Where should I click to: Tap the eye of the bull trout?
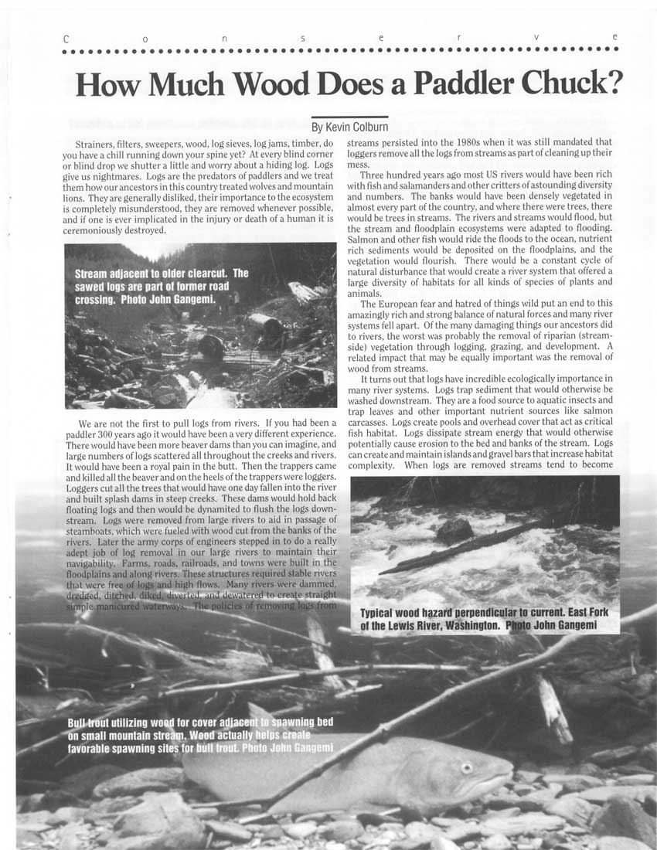[466, 768]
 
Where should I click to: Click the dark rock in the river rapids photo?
[454, 531]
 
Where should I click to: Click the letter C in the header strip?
[66, 37]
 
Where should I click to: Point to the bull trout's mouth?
[506, 773]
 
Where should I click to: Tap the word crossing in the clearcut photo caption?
[96, 298]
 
